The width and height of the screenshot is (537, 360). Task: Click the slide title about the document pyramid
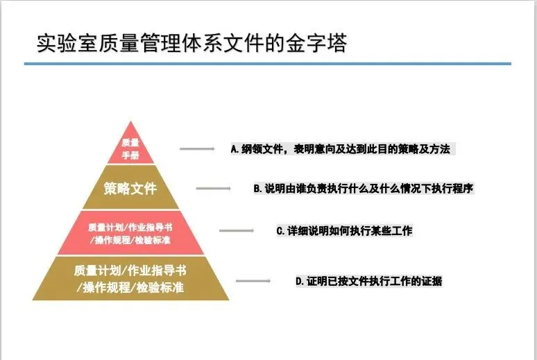[x=191, y=43]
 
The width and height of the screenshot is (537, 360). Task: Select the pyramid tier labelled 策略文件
[x=130, y=188]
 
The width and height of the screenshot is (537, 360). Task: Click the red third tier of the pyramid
[x=130, y=233]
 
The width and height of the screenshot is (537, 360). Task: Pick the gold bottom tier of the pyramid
[x=130, y=278]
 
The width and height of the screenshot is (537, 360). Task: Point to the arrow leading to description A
[x=197, y=148]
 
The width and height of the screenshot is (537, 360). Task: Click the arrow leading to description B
[x=214, y=188]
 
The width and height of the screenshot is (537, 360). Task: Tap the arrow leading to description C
[x=235, y=231]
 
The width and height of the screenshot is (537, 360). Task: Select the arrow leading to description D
[x=253, y=281]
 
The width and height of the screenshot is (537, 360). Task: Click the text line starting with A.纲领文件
[x=343, y=148]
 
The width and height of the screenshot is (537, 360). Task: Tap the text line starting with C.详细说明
[x=344, y=231]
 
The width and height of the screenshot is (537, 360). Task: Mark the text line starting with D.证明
[x=368, y=281]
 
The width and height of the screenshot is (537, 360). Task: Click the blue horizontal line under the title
[x=267, y=64]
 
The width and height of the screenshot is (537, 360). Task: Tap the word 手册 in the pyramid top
[x=130, y=155]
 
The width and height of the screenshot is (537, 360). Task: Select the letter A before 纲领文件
[x=235, y=148]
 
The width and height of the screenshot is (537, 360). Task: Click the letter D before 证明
[x=298, y=281]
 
